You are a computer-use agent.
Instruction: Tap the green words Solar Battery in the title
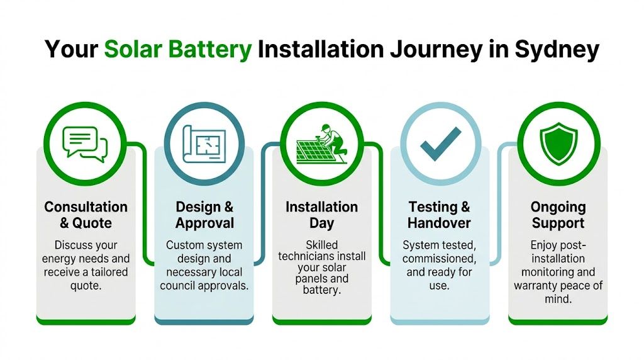[178, 49]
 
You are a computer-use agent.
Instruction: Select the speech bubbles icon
[86, 143]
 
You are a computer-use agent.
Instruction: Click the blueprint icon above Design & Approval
[204, 143]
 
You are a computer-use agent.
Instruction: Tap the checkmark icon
[440, 143]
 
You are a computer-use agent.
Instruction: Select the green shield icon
[558, 143]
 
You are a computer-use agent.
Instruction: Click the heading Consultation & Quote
[86, 215]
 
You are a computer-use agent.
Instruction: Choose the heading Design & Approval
[204, 215]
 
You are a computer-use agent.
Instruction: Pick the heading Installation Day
[321, 215]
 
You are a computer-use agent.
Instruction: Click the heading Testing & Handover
[439, 215]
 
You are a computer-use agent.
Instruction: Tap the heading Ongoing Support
[558, 215]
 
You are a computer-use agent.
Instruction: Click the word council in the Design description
[179, 285]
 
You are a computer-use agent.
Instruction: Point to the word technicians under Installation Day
[321, 257]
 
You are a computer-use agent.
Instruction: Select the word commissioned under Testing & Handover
[439, 259]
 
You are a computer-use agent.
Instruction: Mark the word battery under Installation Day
[321, 292]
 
